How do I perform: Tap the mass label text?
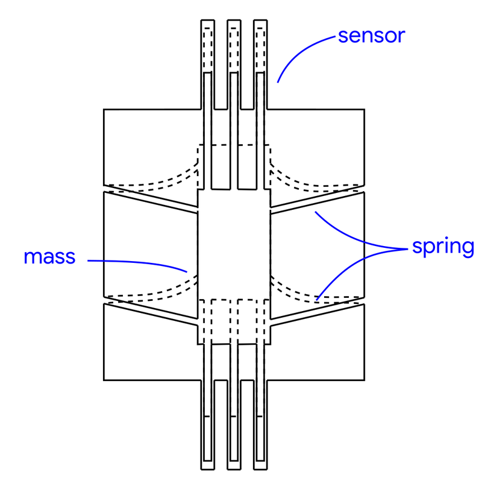49,257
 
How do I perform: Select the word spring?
443,247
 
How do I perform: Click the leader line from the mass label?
139,262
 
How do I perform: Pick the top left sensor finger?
207,60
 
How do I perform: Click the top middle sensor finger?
234,60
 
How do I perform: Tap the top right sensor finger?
260,60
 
